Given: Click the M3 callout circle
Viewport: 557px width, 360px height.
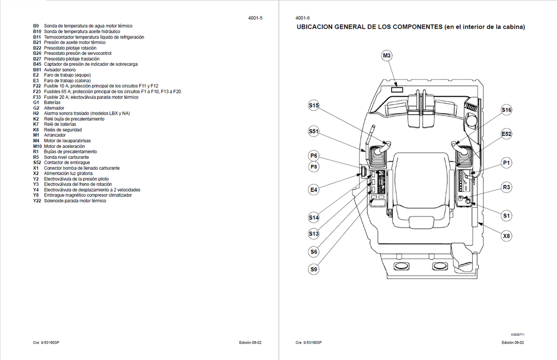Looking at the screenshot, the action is tap(387, 55).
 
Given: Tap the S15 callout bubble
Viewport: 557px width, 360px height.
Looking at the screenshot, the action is tap(313, 105).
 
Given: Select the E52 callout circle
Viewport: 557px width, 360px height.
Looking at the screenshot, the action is tap(506, 134).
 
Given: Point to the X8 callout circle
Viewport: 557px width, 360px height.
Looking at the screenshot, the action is tap(506, 235).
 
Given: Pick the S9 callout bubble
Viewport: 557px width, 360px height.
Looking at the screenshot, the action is tap(313, 269).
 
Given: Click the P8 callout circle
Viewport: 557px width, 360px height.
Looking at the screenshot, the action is tap(313, 166).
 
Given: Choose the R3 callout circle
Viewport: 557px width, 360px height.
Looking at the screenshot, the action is tap(506, 187).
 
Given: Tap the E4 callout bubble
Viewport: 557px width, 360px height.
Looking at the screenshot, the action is tap(313, 190).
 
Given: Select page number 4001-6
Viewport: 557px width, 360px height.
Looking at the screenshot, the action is tap(302, 18).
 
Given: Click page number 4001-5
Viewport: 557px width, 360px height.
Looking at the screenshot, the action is tap(256, 18).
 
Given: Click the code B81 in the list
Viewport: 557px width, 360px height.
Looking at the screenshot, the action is tap(37, 70).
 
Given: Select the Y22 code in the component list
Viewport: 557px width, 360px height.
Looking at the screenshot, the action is tap(37, 201).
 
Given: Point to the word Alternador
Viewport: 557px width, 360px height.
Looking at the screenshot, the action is tap(54, 108).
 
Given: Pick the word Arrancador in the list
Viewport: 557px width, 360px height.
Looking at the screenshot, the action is tap(55, 135).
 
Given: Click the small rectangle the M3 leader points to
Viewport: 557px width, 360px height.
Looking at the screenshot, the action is tap(397, 90).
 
